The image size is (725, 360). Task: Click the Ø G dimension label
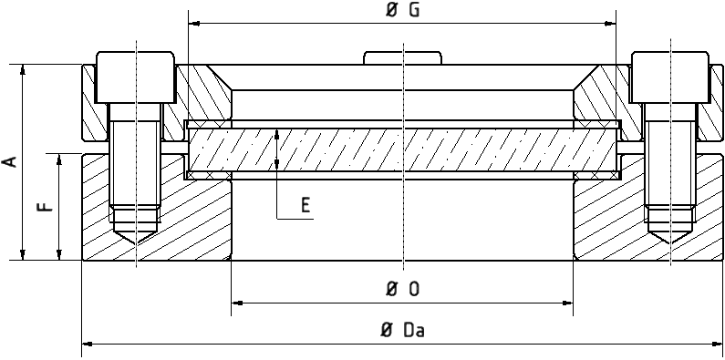tap(402, 11)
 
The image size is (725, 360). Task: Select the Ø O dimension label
tap(402, 289)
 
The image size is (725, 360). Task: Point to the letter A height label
tap(10, 161)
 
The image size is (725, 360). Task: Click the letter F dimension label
tap(45, 206)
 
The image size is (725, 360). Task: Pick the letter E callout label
tap(306, 204)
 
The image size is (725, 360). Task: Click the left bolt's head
tap(136, 77)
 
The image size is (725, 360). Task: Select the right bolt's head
tap(670, 77)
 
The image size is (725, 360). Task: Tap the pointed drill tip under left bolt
tap(136, 234)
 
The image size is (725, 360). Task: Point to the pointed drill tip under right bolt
tap(670, 234)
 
